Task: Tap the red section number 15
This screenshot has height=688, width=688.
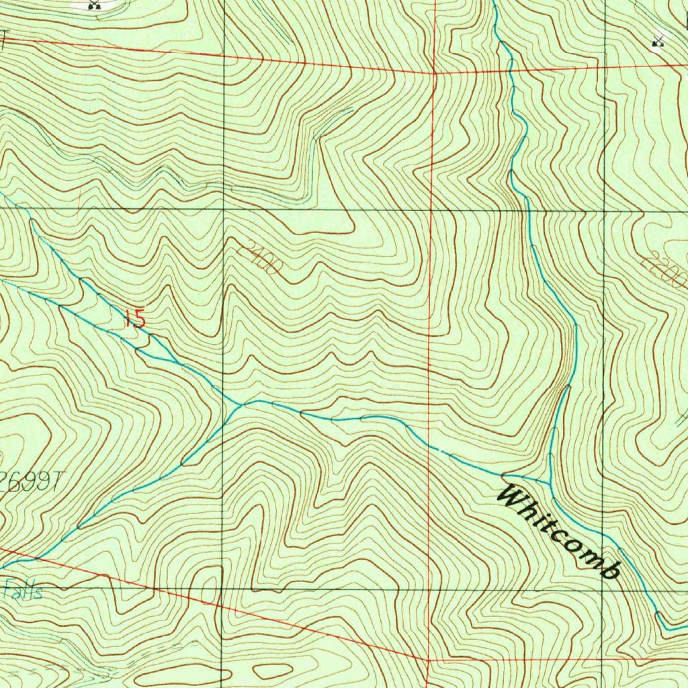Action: coord(135,318)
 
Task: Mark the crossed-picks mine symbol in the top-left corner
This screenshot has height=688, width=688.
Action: coord(94,5)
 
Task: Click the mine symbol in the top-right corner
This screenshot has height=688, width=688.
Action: coord(658,42)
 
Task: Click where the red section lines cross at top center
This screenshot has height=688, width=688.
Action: coord(434,71)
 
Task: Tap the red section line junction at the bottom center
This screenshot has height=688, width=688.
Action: coord(429,660)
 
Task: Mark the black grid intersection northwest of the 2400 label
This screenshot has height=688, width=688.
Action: coord(223,210)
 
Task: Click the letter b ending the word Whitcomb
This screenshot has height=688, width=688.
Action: coord(609,570)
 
